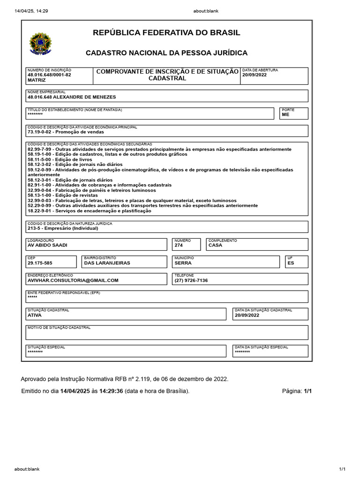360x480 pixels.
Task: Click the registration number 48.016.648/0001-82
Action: point(49,75)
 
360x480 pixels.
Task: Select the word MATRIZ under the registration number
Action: point(37,80)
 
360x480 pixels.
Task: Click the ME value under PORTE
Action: point(285,114)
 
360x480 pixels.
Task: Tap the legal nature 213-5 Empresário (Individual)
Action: point(63,228)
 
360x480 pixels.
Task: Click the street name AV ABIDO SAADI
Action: point(51,245)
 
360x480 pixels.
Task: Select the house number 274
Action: point(180,245)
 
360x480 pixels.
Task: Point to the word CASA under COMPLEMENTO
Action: point(216,245)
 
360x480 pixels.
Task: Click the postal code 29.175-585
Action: point(40,263)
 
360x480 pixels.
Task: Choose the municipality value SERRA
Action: point(183,263)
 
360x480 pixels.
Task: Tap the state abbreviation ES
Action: point(291,263)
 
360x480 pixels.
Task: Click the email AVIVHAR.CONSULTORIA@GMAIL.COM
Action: point(73,280)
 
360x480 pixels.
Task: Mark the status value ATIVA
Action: point(35,315)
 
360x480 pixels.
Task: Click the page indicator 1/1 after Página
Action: point(307,391)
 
